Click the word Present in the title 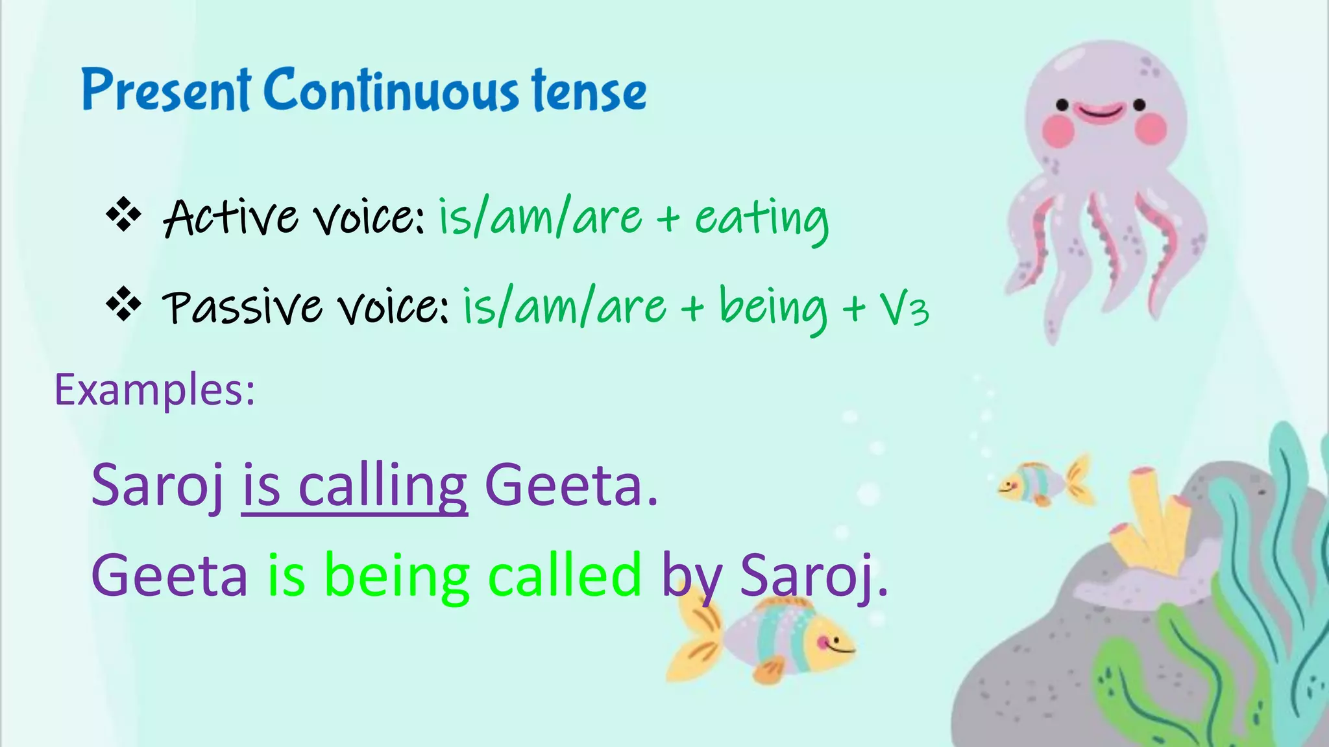[166, 91]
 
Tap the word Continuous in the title [391, 91]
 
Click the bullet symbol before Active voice [123, 215]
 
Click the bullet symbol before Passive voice [123, 304]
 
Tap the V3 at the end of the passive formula [905, 307]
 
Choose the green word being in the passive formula [772, 307]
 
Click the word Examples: [154, 390]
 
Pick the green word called [565, 575]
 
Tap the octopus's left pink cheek [1059, 130]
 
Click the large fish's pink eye [824, 642]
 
